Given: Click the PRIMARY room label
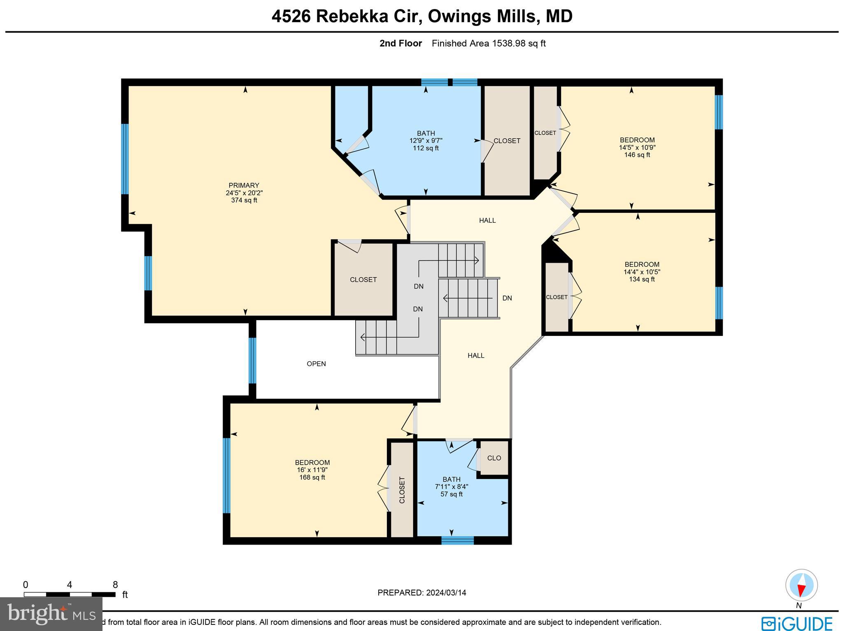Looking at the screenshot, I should point(244,185).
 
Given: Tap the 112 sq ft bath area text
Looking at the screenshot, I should point(426,148).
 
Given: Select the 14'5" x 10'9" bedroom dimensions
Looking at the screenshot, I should point(637,147).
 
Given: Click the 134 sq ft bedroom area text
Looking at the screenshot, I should point(642,279).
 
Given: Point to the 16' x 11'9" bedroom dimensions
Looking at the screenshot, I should point(312,470).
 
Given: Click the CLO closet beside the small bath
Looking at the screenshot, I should point(494,458).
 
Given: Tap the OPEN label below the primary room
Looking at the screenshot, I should point(316,364).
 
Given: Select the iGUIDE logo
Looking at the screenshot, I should point(796,623).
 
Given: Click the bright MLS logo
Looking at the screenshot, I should point(51,615).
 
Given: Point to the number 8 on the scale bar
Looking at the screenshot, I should point(115,585).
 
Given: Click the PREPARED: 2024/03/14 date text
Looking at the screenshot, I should point(421,593).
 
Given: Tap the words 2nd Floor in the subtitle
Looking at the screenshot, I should point(401,44).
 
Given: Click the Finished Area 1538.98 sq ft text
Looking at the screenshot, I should point(489,44).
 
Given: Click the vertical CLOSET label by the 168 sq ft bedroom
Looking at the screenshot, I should point(402,490).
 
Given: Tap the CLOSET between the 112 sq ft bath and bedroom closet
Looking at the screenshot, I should point(507,141).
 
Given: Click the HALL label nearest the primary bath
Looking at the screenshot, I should point(487,221).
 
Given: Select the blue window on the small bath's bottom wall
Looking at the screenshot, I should point(457,540).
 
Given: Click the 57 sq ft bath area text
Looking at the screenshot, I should point(452,494).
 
